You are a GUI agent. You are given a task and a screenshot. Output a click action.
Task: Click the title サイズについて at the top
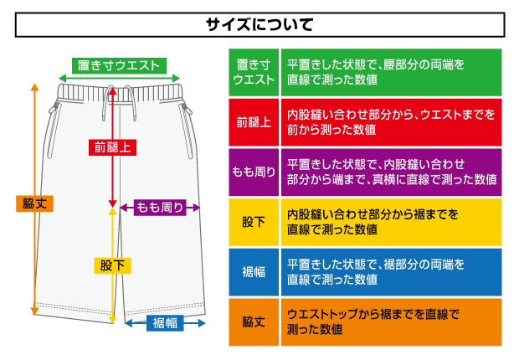coord(259,24)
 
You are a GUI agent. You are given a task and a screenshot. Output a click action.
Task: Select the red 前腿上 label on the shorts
coord(113,147)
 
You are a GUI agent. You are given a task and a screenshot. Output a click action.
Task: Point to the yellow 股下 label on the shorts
coord(112,265)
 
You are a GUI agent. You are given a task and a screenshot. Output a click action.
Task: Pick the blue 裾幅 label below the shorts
coord(166,323)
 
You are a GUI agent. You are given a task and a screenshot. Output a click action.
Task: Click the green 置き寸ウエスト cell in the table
coord(254,72)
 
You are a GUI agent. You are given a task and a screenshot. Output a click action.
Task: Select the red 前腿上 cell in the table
coord(254,121)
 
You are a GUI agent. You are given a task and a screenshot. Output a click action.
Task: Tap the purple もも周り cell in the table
coord(254,172)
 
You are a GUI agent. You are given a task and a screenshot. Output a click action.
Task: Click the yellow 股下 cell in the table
coord(254,222)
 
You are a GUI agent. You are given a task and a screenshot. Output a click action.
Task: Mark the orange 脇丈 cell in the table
coord(254,321)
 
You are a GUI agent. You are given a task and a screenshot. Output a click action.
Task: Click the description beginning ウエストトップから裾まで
coord(373,321)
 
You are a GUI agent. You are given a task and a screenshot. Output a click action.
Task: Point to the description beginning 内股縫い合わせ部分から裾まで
coord(373,222)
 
